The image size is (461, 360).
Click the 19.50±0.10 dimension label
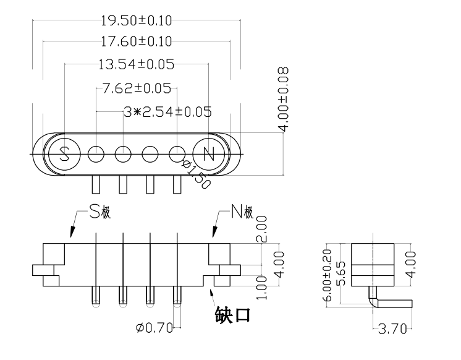pos(136,20)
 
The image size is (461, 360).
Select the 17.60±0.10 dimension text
pos(136,42)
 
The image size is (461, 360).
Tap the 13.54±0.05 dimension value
pos(136,64)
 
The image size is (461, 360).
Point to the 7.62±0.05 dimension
pos(137,88)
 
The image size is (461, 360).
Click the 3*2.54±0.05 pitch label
pos(167,112)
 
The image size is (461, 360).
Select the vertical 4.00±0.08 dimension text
pos(284,99)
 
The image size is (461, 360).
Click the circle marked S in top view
pos(64,153)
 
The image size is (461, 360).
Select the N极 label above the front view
pos(242,213)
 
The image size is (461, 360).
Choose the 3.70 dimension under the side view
pos(391,328)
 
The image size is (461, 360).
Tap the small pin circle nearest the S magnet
pos(96,153)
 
